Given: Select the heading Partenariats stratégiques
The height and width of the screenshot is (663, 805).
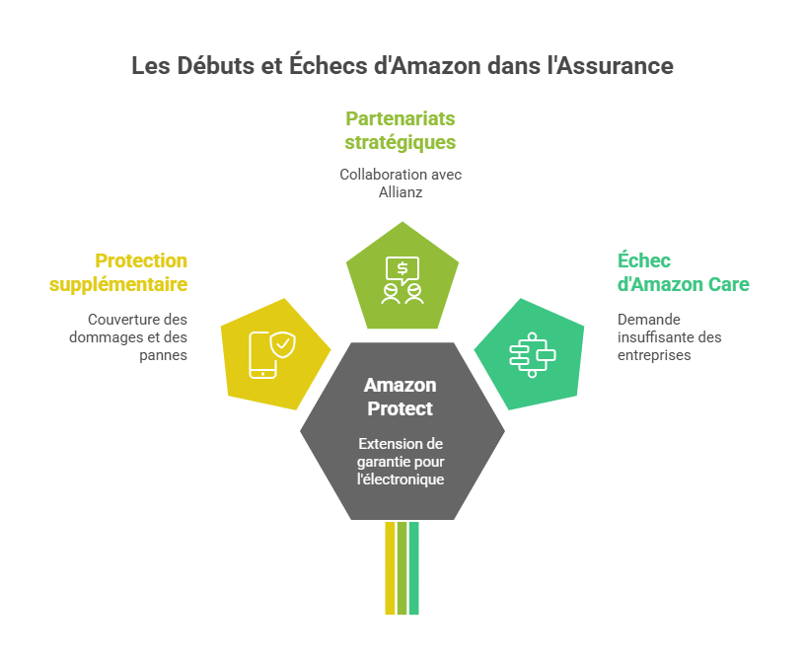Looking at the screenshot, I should (401, 130).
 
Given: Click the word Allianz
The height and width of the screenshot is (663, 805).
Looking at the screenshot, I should (401, 192).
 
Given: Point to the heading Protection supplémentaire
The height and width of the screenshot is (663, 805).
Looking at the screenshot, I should (118, 272).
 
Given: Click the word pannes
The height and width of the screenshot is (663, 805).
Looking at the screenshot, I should (164, 355).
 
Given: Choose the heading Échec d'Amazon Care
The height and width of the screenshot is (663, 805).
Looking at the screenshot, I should (683, 272).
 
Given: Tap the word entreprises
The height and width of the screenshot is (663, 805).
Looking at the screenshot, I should (654, 355).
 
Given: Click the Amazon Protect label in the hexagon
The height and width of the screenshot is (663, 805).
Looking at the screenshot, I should (400, 397).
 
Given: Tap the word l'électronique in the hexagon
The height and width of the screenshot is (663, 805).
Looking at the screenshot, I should (402, 479).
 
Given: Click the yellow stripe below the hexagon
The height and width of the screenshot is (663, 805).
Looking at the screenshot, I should (390, 568).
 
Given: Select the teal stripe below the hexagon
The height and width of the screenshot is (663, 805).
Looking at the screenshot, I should (414, 568).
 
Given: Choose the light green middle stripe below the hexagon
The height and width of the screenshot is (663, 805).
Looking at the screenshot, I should (402, 568).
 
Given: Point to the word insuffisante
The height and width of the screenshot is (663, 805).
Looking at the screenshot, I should (654, 337).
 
